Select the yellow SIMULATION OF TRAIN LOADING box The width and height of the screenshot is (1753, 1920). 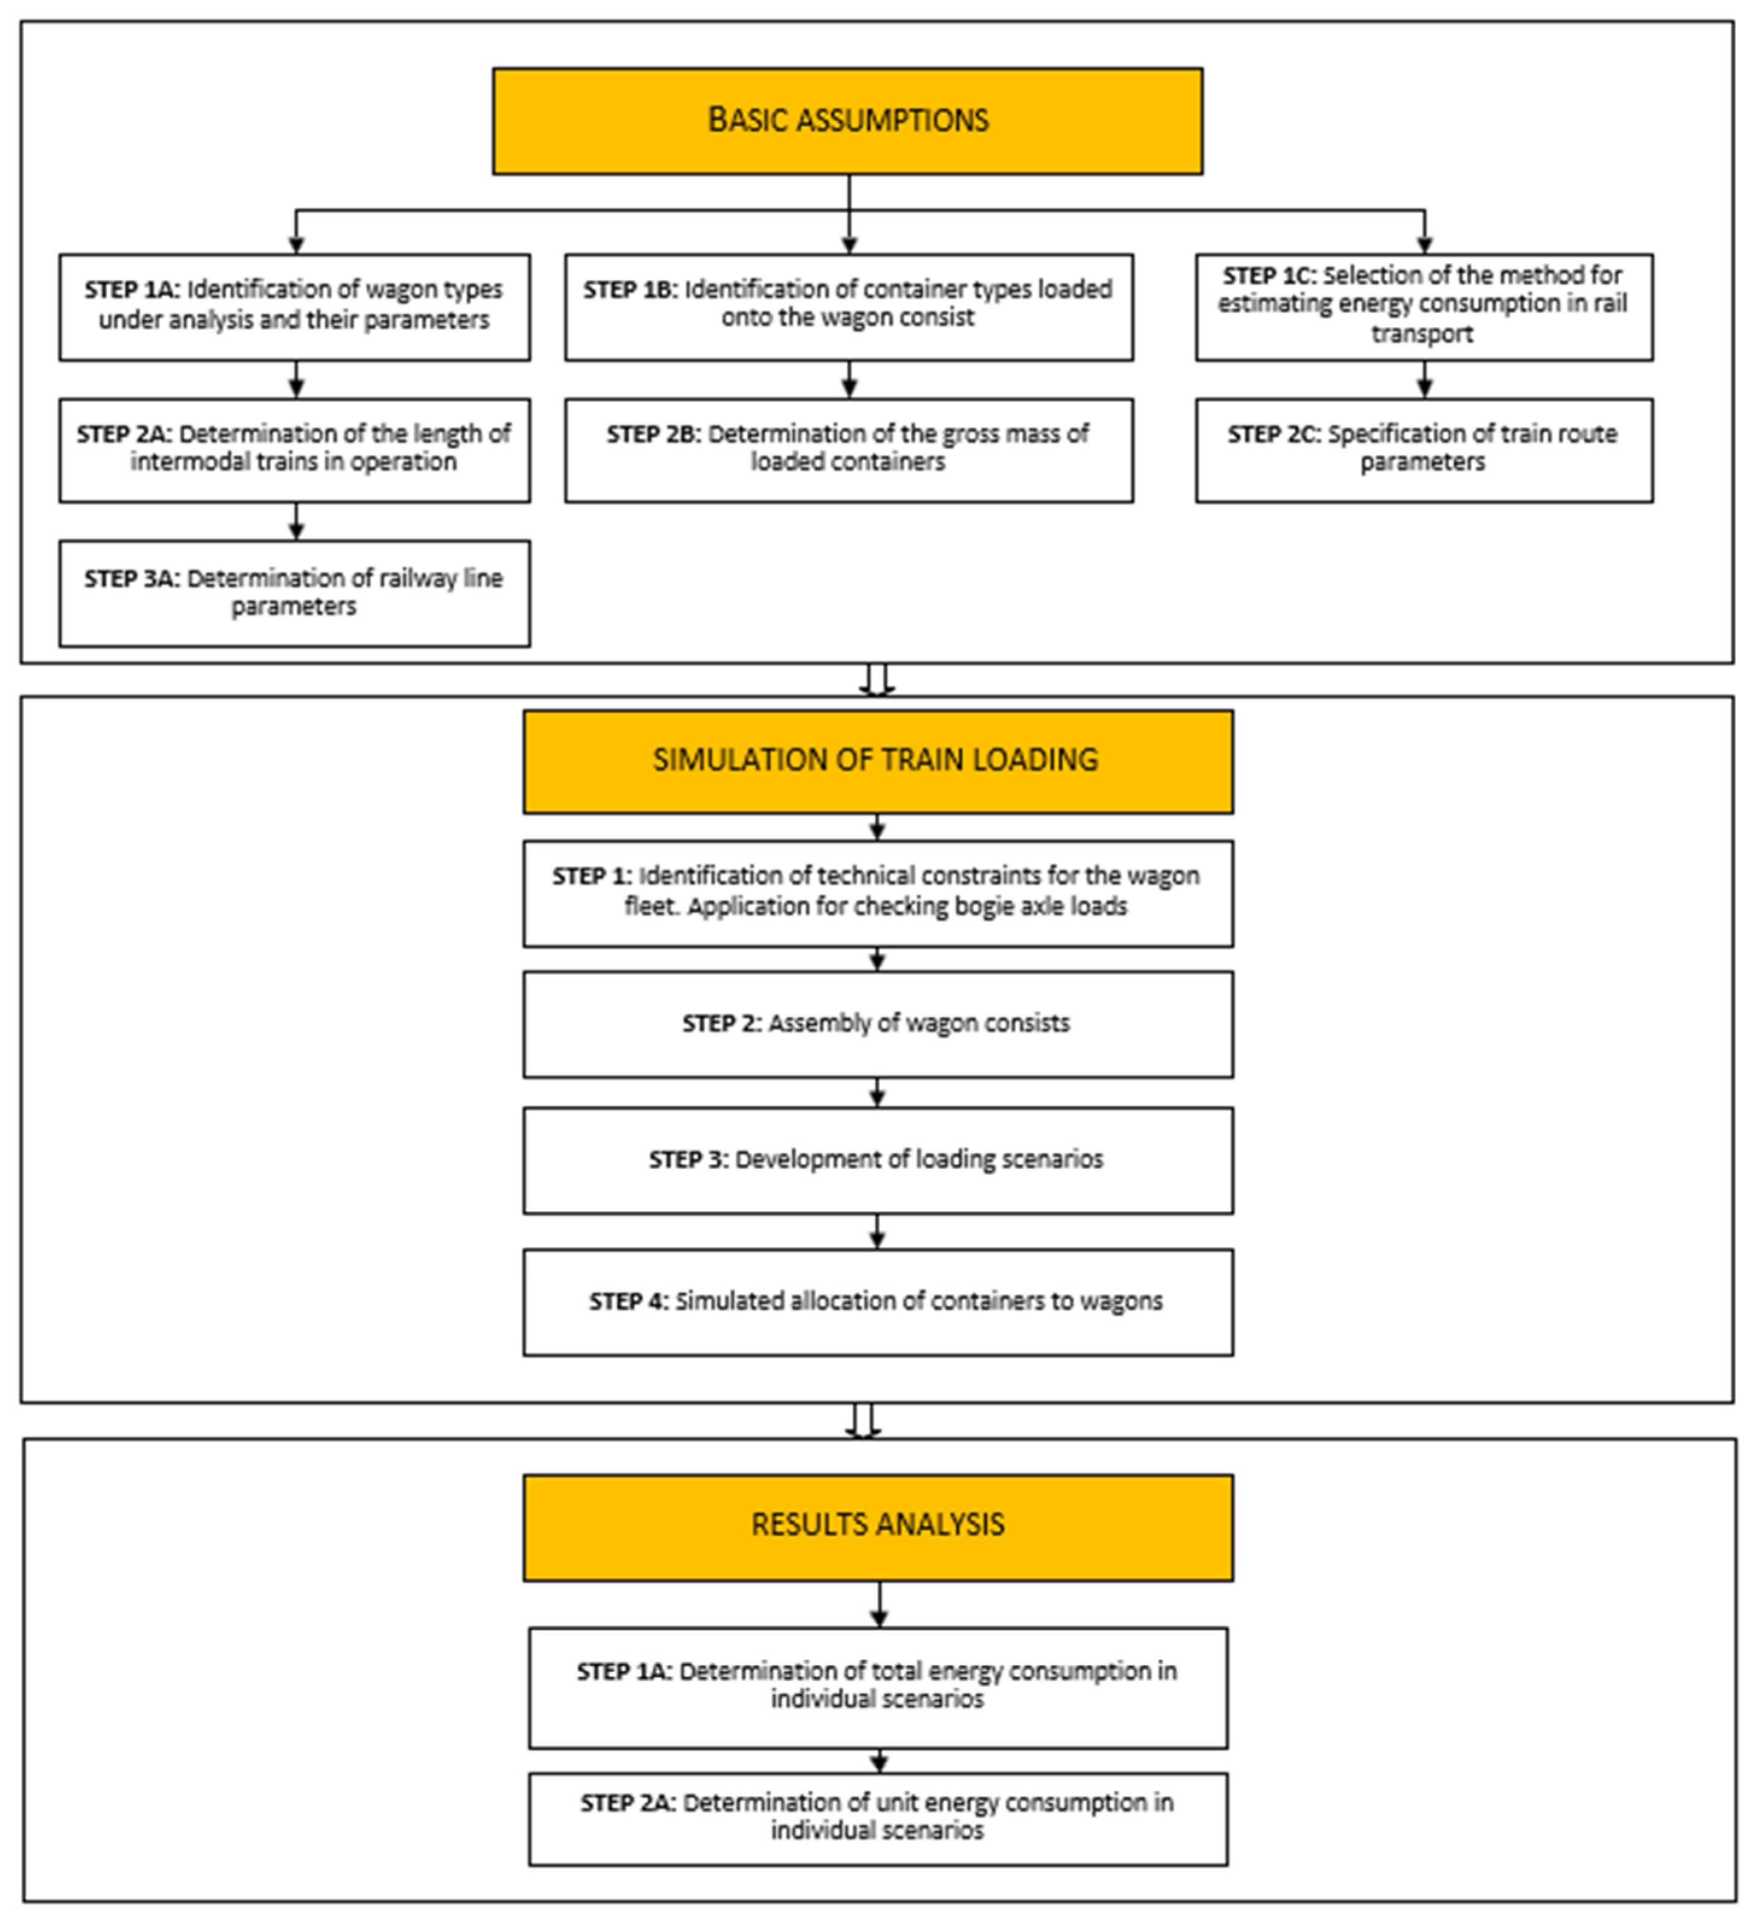[877, 761]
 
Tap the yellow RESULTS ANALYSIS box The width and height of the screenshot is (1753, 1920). [877, 1525]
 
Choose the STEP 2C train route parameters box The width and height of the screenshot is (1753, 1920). [1423, 449]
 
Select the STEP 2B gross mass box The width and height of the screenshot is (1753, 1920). [848, 449]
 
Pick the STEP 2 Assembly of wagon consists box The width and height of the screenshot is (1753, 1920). [877, 1024]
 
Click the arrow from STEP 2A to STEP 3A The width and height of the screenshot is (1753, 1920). [296, 522]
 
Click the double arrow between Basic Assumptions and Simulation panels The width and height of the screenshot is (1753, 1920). [876, 680]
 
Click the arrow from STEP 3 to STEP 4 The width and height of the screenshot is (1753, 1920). [877, 1231]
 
